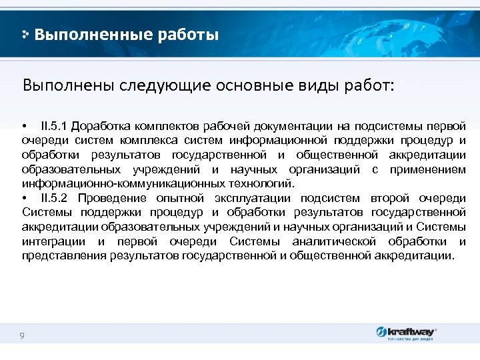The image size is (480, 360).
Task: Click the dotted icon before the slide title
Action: tap(25, 33)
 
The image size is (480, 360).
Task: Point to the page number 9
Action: tap(22, 335)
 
